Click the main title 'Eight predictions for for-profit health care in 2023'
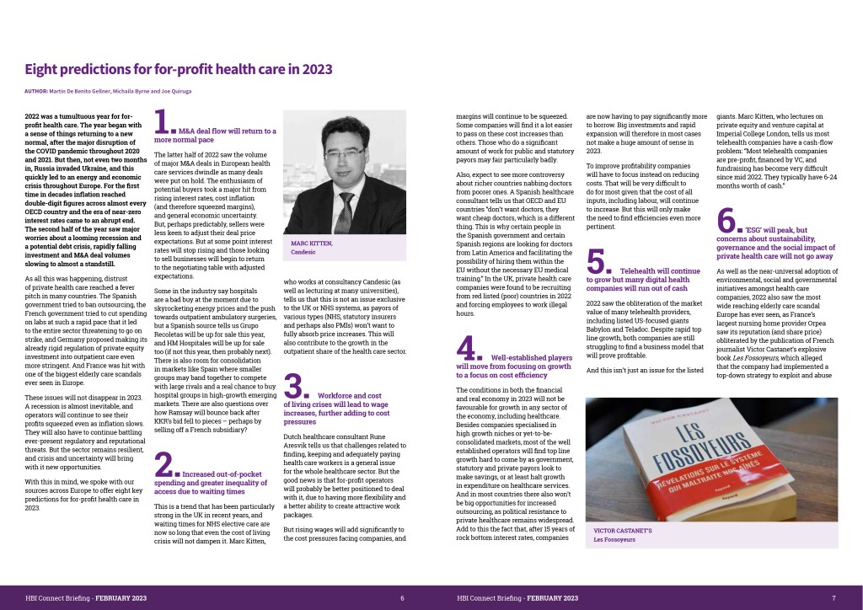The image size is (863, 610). tap(178, 69)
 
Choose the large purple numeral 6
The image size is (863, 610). tap(728, 221)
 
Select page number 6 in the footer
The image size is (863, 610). tap(402, 597)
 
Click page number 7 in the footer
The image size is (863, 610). tap(833, 597)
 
